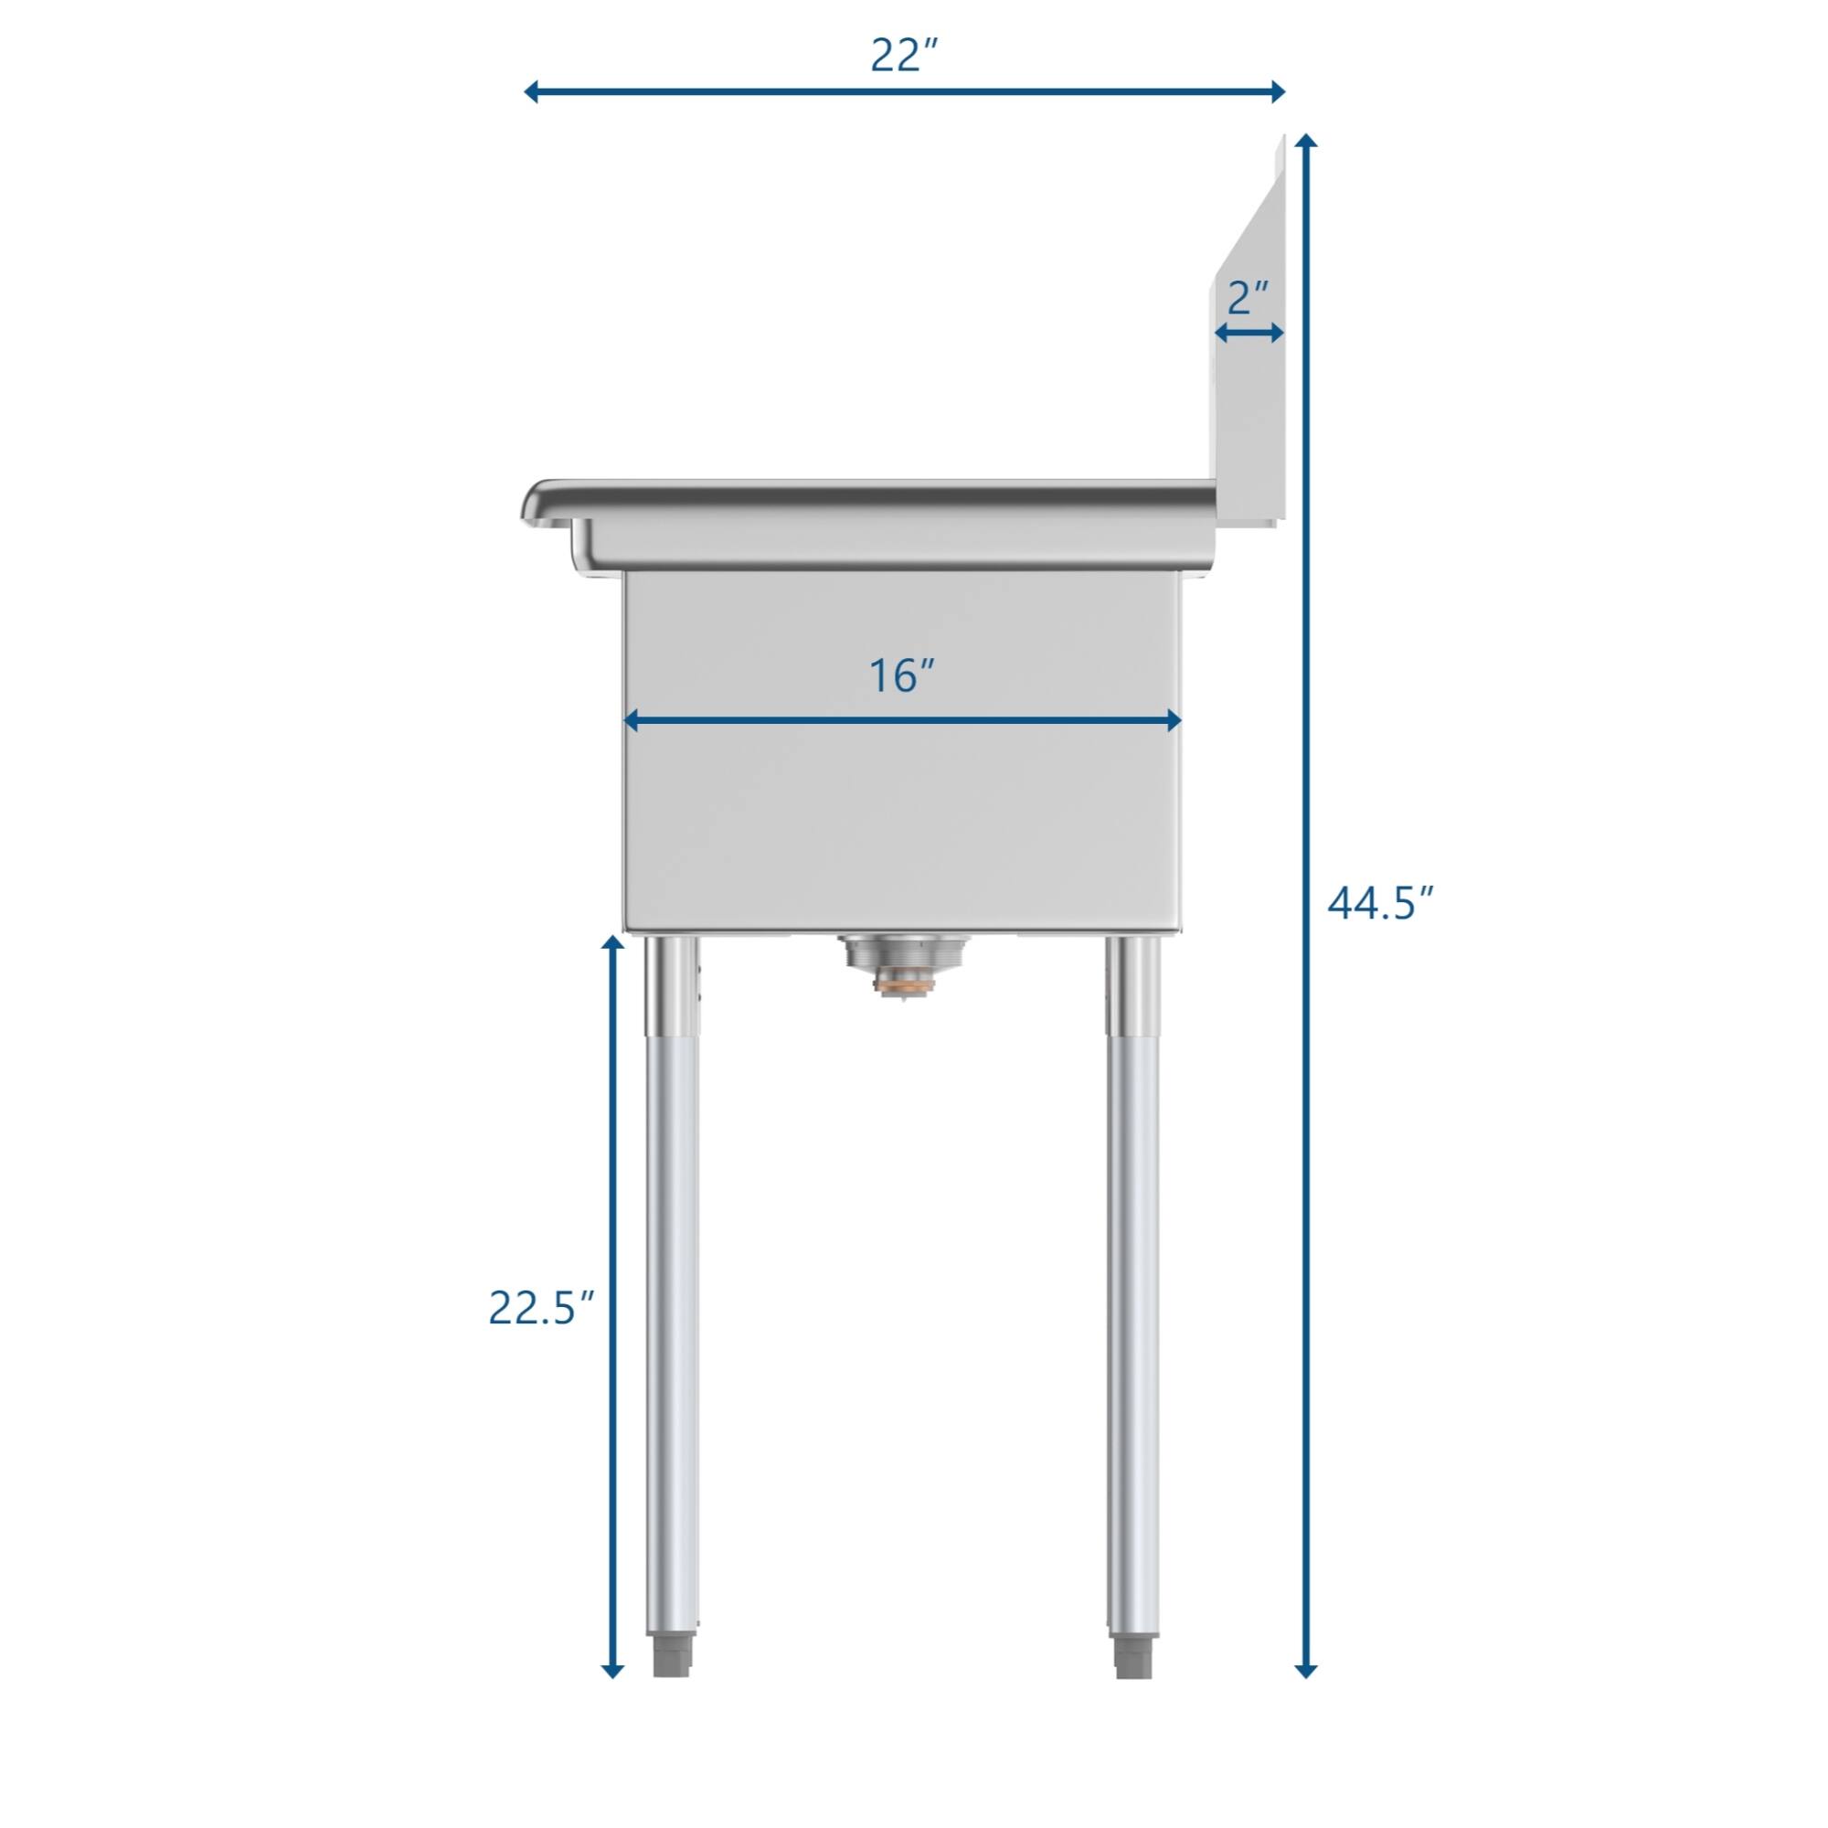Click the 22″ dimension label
[x=904, y=56]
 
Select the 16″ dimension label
[x=902, y=675]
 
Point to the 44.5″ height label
[x=1381, y=903]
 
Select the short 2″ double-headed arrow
[x=1249, y=332]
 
